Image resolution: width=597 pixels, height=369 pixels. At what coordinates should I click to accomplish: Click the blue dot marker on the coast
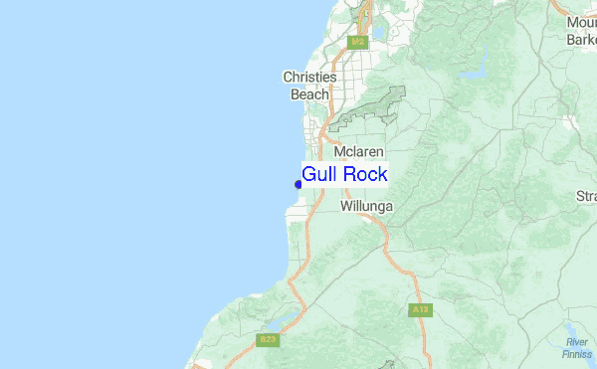point(298,183)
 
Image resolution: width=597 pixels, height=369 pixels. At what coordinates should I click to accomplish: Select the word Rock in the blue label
point(364,174)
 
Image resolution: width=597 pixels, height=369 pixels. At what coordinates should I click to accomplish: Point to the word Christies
point(309,77)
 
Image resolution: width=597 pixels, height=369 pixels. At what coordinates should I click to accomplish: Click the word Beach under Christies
point(308,94)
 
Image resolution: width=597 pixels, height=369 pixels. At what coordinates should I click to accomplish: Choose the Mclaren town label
point(359,151)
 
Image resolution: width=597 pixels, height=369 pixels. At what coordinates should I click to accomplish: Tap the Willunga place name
point(366,207)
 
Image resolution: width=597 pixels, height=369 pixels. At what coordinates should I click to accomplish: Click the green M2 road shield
point(358,42)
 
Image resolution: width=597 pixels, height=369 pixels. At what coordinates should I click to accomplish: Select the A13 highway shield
point(419,310)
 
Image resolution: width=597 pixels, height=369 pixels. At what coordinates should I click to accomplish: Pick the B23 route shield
point(267,340)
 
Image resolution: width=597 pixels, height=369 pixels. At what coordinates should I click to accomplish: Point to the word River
point(577,342)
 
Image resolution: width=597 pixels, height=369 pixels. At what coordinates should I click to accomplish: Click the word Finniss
point(576,354)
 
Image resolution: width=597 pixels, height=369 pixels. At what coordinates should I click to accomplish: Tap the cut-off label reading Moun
point(580,22)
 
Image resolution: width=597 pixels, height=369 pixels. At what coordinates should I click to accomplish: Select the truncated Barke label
point(580,40)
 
